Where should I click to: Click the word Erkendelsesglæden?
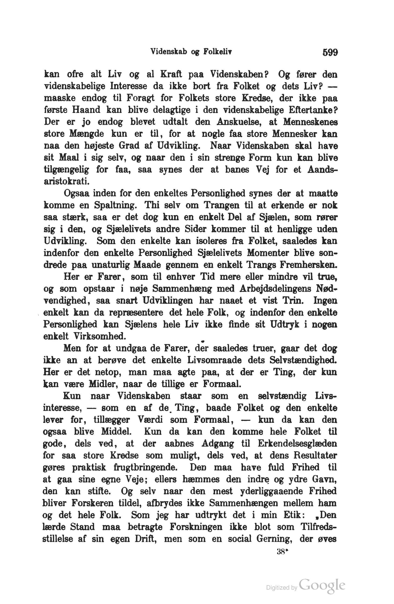click(297, 444)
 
